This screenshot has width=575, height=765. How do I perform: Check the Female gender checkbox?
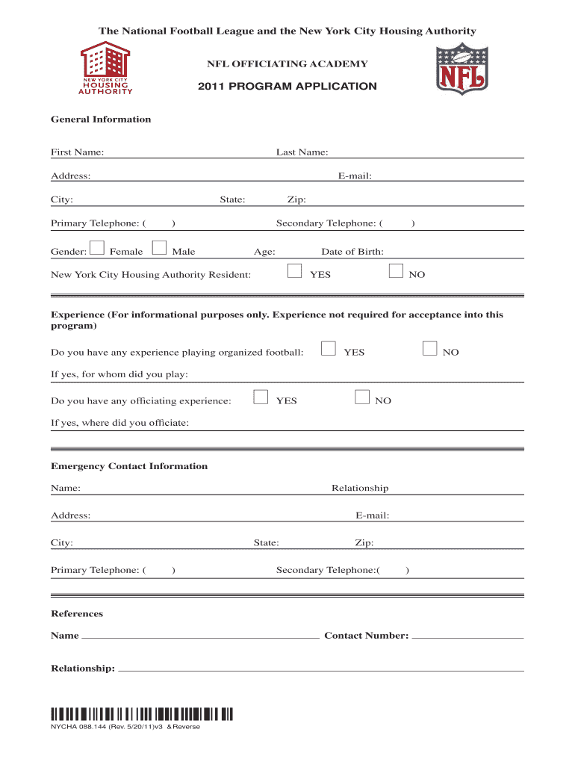97,248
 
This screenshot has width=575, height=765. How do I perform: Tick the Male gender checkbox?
159,248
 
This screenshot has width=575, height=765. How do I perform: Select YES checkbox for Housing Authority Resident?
295,270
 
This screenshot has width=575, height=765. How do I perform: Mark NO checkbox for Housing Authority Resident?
397,270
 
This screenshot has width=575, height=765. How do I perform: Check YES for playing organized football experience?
328,347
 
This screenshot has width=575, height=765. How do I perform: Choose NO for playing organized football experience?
429,347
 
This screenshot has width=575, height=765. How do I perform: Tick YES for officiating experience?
261,397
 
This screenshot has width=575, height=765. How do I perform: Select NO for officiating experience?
362,397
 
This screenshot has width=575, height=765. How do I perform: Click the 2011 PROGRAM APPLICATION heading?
287,87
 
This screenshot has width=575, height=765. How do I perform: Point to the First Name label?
77,152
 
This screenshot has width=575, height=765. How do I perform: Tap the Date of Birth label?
352,252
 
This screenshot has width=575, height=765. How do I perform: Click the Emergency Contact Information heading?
129,466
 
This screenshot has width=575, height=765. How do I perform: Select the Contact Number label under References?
366,636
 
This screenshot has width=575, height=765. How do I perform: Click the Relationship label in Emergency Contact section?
360,488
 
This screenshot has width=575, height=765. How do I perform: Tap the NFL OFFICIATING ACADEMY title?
287,64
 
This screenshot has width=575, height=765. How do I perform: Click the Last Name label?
302,152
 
